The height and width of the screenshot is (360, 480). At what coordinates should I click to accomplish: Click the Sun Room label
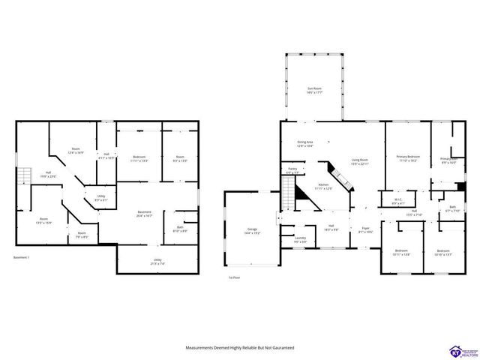[314, 91]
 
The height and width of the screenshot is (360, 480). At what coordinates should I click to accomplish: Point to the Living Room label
[360, 162]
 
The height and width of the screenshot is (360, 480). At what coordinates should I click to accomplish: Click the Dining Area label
[304, 144]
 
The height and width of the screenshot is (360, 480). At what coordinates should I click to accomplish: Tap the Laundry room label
[299, 241]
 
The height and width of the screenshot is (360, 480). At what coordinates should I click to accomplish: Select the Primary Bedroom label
[408, 158]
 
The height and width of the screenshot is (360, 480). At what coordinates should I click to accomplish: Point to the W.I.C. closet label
[397, 201]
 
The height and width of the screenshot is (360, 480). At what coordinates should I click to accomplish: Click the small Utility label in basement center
[100, 198]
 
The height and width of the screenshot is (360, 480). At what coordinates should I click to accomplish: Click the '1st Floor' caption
[234, 277]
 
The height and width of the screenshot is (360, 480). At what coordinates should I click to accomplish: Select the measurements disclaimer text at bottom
[239, 348]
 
